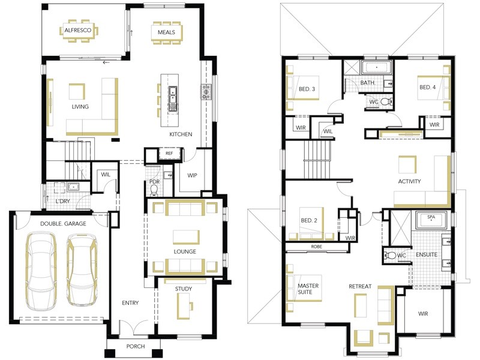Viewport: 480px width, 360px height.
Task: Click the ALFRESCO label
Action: (78, 31)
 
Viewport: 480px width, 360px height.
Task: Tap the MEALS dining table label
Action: (166, 32)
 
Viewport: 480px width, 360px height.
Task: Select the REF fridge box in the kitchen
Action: (169, 154)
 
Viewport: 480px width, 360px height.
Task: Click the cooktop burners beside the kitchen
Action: (206, 92)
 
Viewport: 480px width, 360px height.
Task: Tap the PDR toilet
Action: (154, 190)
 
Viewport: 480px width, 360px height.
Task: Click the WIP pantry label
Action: (192, 175)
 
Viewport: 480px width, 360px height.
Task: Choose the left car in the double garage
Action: (41, 269)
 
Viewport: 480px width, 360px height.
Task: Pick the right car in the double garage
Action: (82, 269)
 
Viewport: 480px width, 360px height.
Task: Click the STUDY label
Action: (184, 289)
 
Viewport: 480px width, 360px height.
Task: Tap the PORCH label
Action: (136, 346)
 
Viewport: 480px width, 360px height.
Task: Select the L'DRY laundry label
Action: (63, 201)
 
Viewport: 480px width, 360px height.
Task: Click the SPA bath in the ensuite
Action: (431, 220)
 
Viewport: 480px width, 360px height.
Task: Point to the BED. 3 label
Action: (307, 89)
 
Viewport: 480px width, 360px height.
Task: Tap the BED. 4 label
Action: (427, 87)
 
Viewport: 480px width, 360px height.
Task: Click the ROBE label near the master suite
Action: (317, 247)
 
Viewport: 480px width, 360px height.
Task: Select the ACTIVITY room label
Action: (409, 181)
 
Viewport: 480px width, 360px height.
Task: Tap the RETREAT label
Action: (360, 286)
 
